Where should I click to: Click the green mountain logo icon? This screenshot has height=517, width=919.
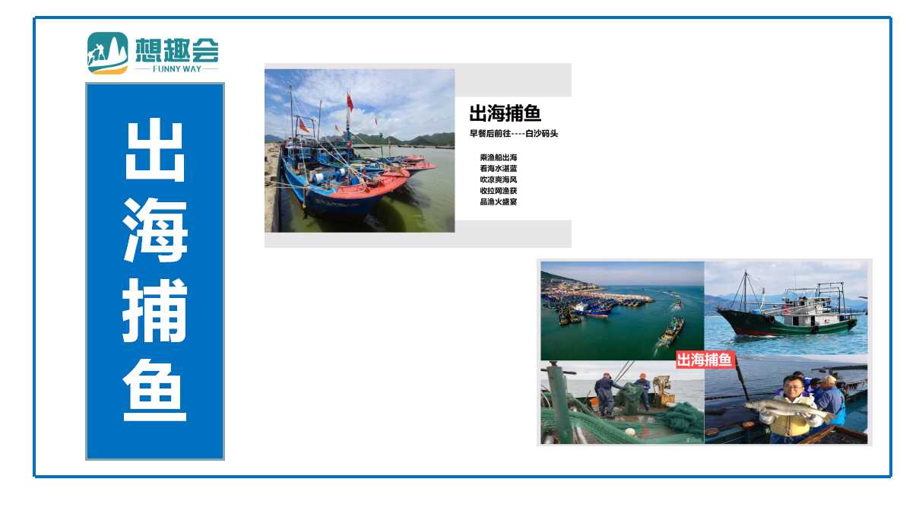click(x=107, y=53)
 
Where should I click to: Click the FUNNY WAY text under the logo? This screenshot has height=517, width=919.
click(x=177, y=69)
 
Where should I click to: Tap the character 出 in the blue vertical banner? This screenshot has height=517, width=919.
click(x=154, y=151)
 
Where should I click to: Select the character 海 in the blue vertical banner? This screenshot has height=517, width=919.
click(x=154, y=230)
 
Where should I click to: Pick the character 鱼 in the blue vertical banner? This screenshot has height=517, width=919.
click(x=154, y=390)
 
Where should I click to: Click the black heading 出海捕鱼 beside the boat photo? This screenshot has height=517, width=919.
click(x=505, y=113)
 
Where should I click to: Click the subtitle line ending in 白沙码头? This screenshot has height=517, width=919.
click(x=514, y=133)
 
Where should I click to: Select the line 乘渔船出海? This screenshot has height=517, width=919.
click(x=499, y=157)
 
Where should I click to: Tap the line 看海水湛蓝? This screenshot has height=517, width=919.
click(x=499, y=168)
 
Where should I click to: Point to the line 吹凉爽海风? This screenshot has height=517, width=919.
click(x=499, y=179)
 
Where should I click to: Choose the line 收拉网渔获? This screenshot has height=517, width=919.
click(x=499, y=190)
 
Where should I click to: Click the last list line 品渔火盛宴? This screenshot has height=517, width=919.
click(x=499, y=201)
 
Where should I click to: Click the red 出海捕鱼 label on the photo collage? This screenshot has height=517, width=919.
click(x=705, y=360)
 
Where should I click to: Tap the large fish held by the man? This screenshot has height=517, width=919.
click(x=787, y=410)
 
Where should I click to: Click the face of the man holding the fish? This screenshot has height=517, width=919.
click(x=793, y=386)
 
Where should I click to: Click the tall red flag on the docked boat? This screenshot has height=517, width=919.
click(x=350, y=102)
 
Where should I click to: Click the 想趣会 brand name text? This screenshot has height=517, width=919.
click(x=177, y=49)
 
